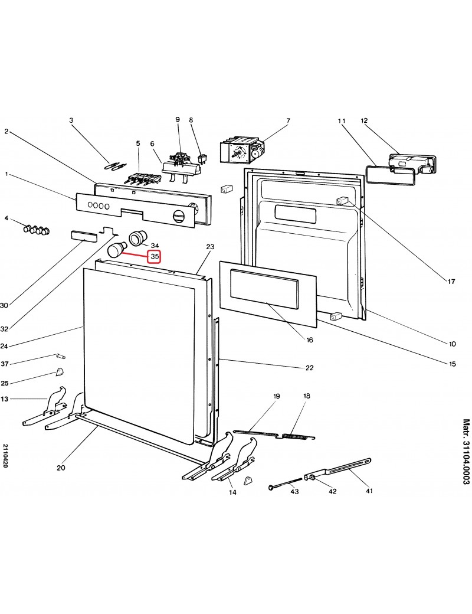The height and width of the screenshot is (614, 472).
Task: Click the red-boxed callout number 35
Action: [155, 257]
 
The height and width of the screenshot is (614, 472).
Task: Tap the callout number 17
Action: [451, 281]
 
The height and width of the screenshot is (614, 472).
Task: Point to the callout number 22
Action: [309, 368]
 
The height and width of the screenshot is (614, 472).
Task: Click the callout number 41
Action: [369, 491]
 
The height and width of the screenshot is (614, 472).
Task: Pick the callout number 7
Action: [288, 120]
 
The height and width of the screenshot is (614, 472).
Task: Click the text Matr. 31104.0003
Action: [466, 452]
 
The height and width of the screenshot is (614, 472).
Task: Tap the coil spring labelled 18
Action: [298, 436]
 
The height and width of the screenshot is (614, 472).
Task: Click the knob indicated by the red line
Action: [115, 249]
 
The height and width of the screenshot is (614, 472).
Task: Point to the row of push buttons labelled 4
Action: [37, 230]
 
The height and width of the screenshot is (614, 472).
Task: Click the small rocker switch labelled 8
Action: [202, 159]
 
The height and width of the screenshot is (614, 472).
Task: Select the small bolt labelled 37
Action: [61, 356]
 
